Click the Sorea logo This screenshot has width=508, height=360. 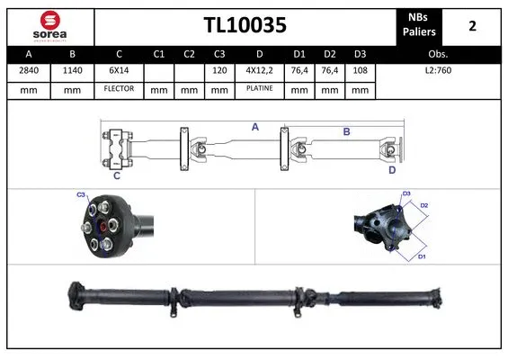(x=49, y=26)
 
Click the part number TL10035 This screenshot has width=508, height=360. (x=245, y=26)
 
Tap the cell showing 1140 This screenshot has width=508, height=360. (x=73, y=70)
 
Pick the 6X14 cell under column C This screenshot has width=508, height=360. (x=118, y=70)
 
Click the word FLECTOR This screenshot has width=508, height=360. (x=118, y=89)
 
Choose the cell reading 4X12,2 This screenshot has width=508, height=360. (x=259, y=70)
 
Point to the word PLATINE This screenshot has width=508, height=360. (x=259, y=89)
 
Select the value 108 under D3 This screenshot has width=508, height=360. (x=360, y=70)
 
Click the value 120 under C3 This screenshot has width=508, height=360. (x=218, y=70)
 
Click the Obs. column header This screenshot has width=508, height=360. (x=438, y=54)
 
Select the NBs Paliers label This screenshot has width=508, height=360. (x=419, y=26)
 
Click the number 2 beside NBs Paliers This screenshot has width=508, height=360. (x=472, y=26)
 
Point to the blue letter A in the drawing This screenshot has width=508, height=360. (x=255, y=128)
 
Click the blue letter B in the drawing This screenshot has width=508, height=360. (x=346, y=131)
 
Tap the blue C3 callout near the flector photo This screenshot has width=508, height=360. (x=81, y=195)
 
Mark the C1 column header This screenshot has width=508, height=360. (x=159, y=54)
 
